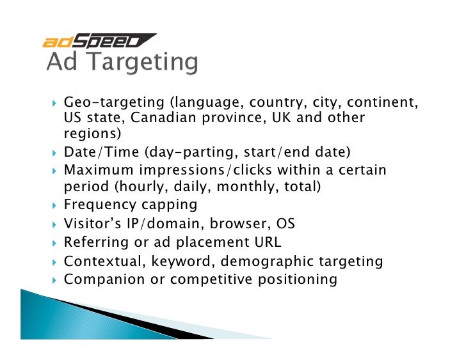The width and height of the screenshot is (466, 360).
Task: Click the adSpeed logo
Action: tap(99, 42)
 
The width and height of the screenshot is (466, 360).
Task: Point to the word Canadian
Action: tap(197, 118)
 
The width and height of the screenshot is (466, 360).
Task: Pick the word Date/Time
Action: tap(100, 153)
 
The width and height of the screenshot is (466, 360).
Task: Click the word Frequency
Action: tap(99, 205)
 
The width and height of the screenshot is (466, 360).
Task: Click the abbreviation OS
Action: tap(285, 224)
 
